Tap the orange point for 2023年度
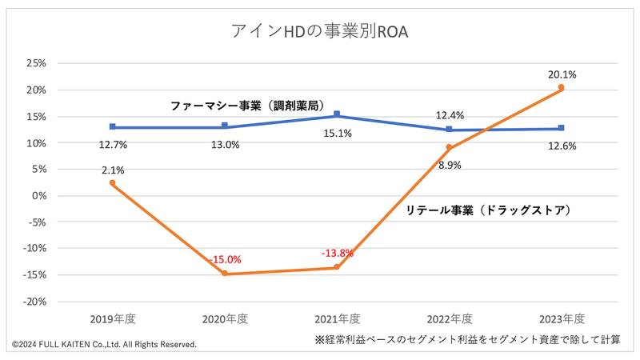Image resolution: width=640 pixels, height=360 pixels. pos(562,87)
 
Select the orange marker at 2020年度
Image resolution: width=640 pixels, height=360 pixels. pos(225,274)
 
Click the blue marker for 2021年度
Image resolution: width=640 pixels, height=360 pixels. pos(337,114)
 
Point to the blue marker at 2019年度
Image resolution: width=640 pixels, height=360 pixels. pos(113,127)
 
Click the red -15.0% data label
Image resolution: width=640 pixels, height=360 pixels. pos(225,260)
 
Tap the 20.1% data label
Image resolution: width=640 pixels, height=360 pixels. pos(562,74)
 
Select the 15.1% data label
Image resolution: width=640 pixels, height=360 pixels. pos(337,134)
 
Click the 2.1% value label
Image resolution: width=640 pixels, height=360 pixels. pos(113,170)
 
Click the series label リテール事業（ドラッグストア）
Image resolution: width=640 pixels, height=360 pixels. pos(491,210)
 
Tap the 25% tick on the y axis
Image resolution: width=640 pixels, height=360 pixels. pos(36,63)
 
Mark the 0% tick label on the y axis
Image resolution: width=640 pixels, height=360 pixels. pos(39,196)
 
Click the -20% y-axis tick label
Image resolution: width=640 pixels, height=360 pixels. pos(34,302)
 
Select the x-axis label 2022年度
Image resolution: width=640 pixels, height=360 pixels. pos(449,318)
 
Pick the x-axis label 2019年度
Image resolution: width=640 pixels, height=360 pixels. pos(113,318)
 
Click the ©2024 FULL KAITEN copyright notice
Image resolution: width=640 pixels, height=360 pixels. pos(104,344)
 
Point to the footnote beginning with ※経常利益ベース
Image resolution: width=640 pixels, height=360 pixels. pos(468,339)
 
